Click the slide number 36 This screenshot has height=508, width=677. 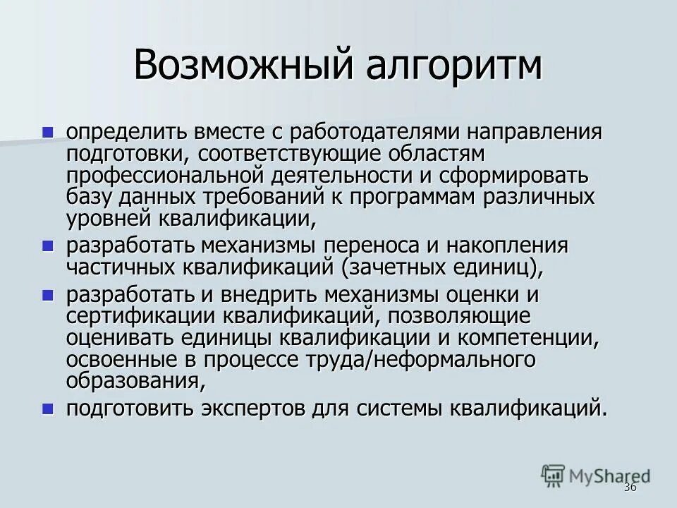630,488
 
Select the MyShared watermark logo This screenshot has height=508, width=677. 595,475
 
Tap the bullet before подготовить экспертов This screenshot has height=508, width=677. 48,408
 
